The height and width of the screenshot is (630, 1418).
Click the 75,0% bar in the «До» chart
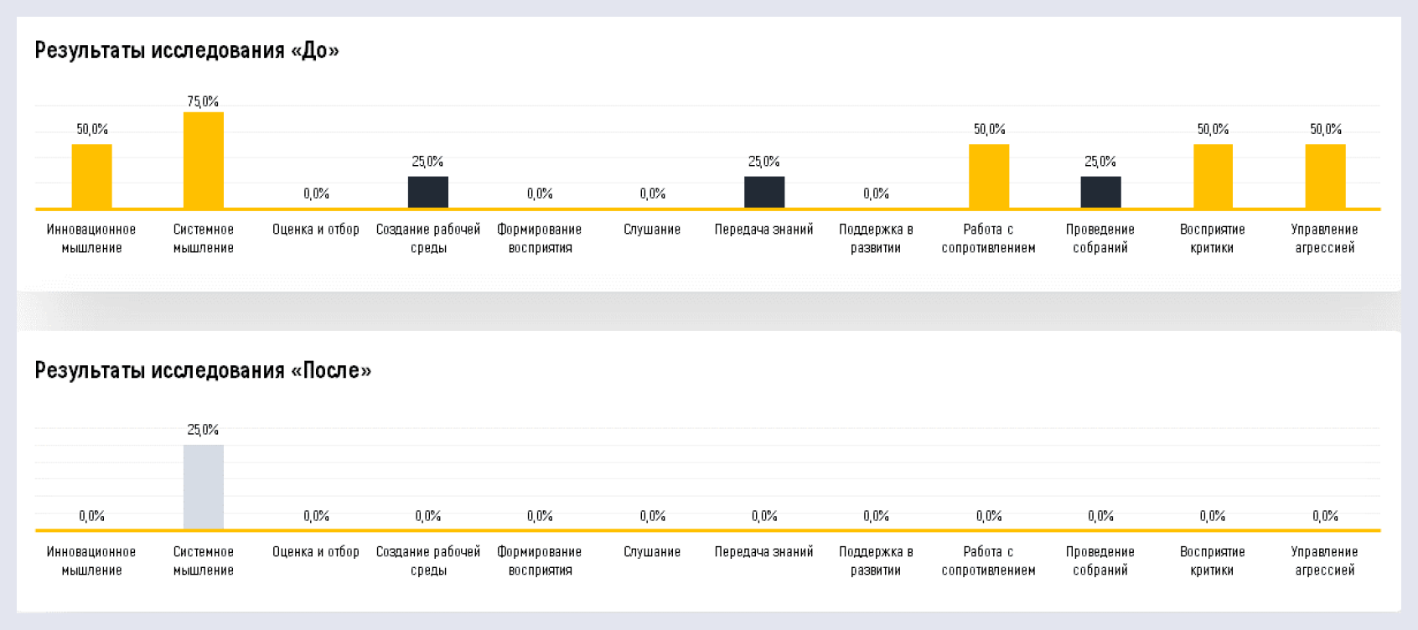point(204,160)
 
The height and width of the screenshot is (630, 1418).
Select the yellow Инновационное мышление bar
point(91,176)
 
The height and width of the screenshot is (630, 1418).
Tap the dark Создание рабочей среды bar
point(428,192)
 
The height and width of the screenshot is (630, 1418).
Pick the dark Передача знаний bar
point(764,192)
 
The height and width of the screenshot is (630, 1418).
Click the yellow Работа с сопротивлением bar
point(989,176)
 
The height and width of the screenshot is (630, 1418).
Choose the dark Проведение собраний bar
point(1100,192)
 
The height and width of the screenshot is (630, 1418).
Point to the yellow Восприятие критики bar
point(1213,176)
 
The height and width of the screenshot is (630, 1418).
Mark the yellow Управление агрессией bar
point(1325,176)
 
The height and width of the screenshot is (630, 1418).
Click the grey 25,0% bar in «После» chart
point(204,487)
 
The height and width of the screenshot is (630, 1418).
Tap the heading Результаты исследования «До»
point(187,50)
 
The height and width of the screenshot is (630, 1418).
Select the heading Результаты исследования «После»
point(203,370)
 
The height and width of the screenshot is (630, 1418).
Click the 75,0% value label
point(203,101)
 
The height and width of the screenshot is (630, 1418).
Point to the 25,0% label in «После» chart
point(203,430)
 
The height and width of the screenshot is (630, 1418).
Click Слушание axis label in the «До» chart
point(652,230)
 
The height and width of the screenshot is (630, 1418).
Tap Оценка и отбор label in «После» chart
point(316,552)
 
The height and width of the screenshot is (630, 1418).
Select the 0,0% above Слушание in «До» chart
point(652,194)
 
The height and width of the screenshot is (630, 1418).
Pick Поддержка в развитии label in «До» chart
point(876,239)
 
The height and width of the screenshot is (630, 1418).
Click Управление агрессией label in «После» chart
point(1325,561)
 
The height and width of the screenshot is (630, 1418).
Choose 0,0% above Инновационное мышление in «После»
point(91,516)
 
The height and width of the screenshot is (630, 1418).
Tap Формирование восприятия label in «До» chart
point(540,239)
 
